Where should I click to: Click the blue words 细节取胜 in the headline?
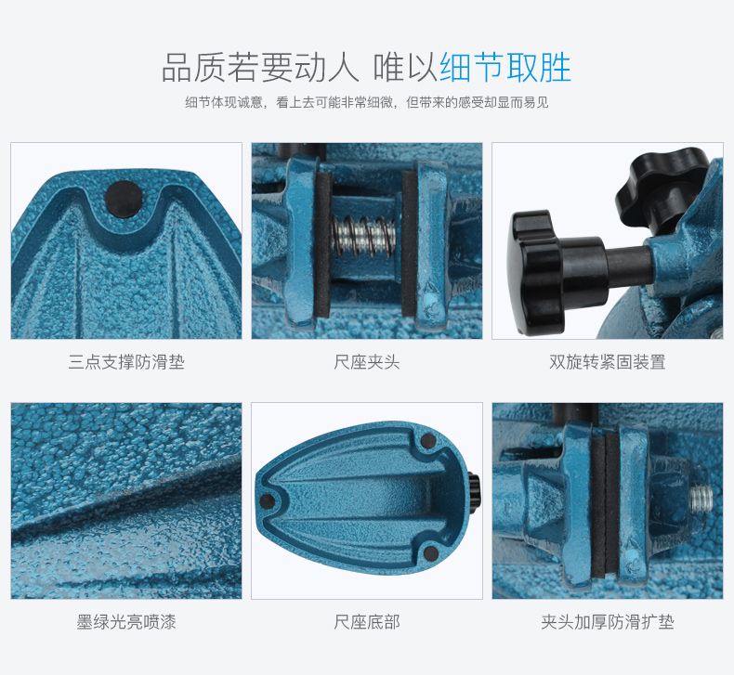point(505,68)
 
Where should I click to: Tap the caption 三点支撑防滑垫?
point(126,362)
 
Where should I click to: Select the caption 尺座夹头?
point(366,362)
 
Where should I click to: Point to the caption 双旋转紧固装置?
point(607,362)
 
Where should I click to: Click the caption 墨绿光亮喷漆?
point(126,622)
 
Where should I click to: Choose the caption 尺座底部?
point(366,622)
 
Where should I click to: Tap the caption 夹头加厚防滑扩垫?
point(607,622)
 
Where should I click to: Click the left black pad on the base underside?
point(268,501)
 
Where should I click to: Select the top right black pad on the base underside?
point(428,441)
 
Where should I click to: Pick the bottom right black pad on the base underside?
point(430,553)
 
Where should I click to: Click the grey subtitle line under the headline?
point(366,102)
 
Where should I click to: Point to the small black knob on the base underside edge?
point(474,492)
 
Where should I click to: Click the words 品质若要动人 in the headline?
point(260,68)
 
